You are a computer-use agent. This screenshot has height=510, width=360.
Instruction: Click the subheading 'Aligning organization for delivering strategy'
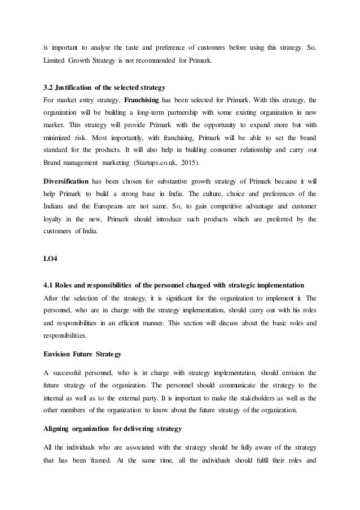point(112,429)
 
